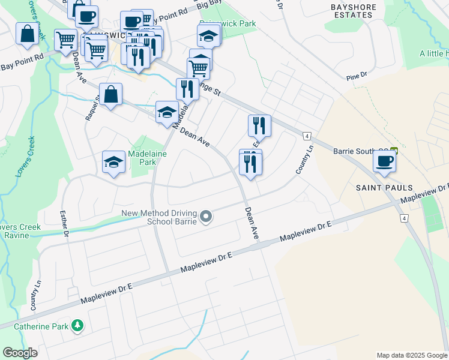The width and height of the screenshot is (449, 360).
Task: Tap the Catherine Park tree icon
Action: click(x=77, y=326)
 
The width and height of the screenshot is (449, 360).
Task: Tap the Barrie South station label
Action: click(x=361, y=151)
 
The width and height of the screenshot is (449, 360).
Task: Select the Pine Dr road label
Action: click(x=356, y=76)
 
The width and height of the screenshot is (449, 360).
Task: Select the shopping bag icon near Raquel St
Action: click(x=111, y=94)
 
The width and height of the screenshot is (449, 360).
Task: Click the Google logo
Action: click(x=20, y=353)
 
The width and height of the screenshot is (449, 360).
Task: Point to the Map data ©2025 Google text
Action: click(x=412, y=355)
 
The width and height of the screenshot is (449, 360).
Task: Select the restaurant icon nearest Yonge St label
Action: click(x=187, y=89)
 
